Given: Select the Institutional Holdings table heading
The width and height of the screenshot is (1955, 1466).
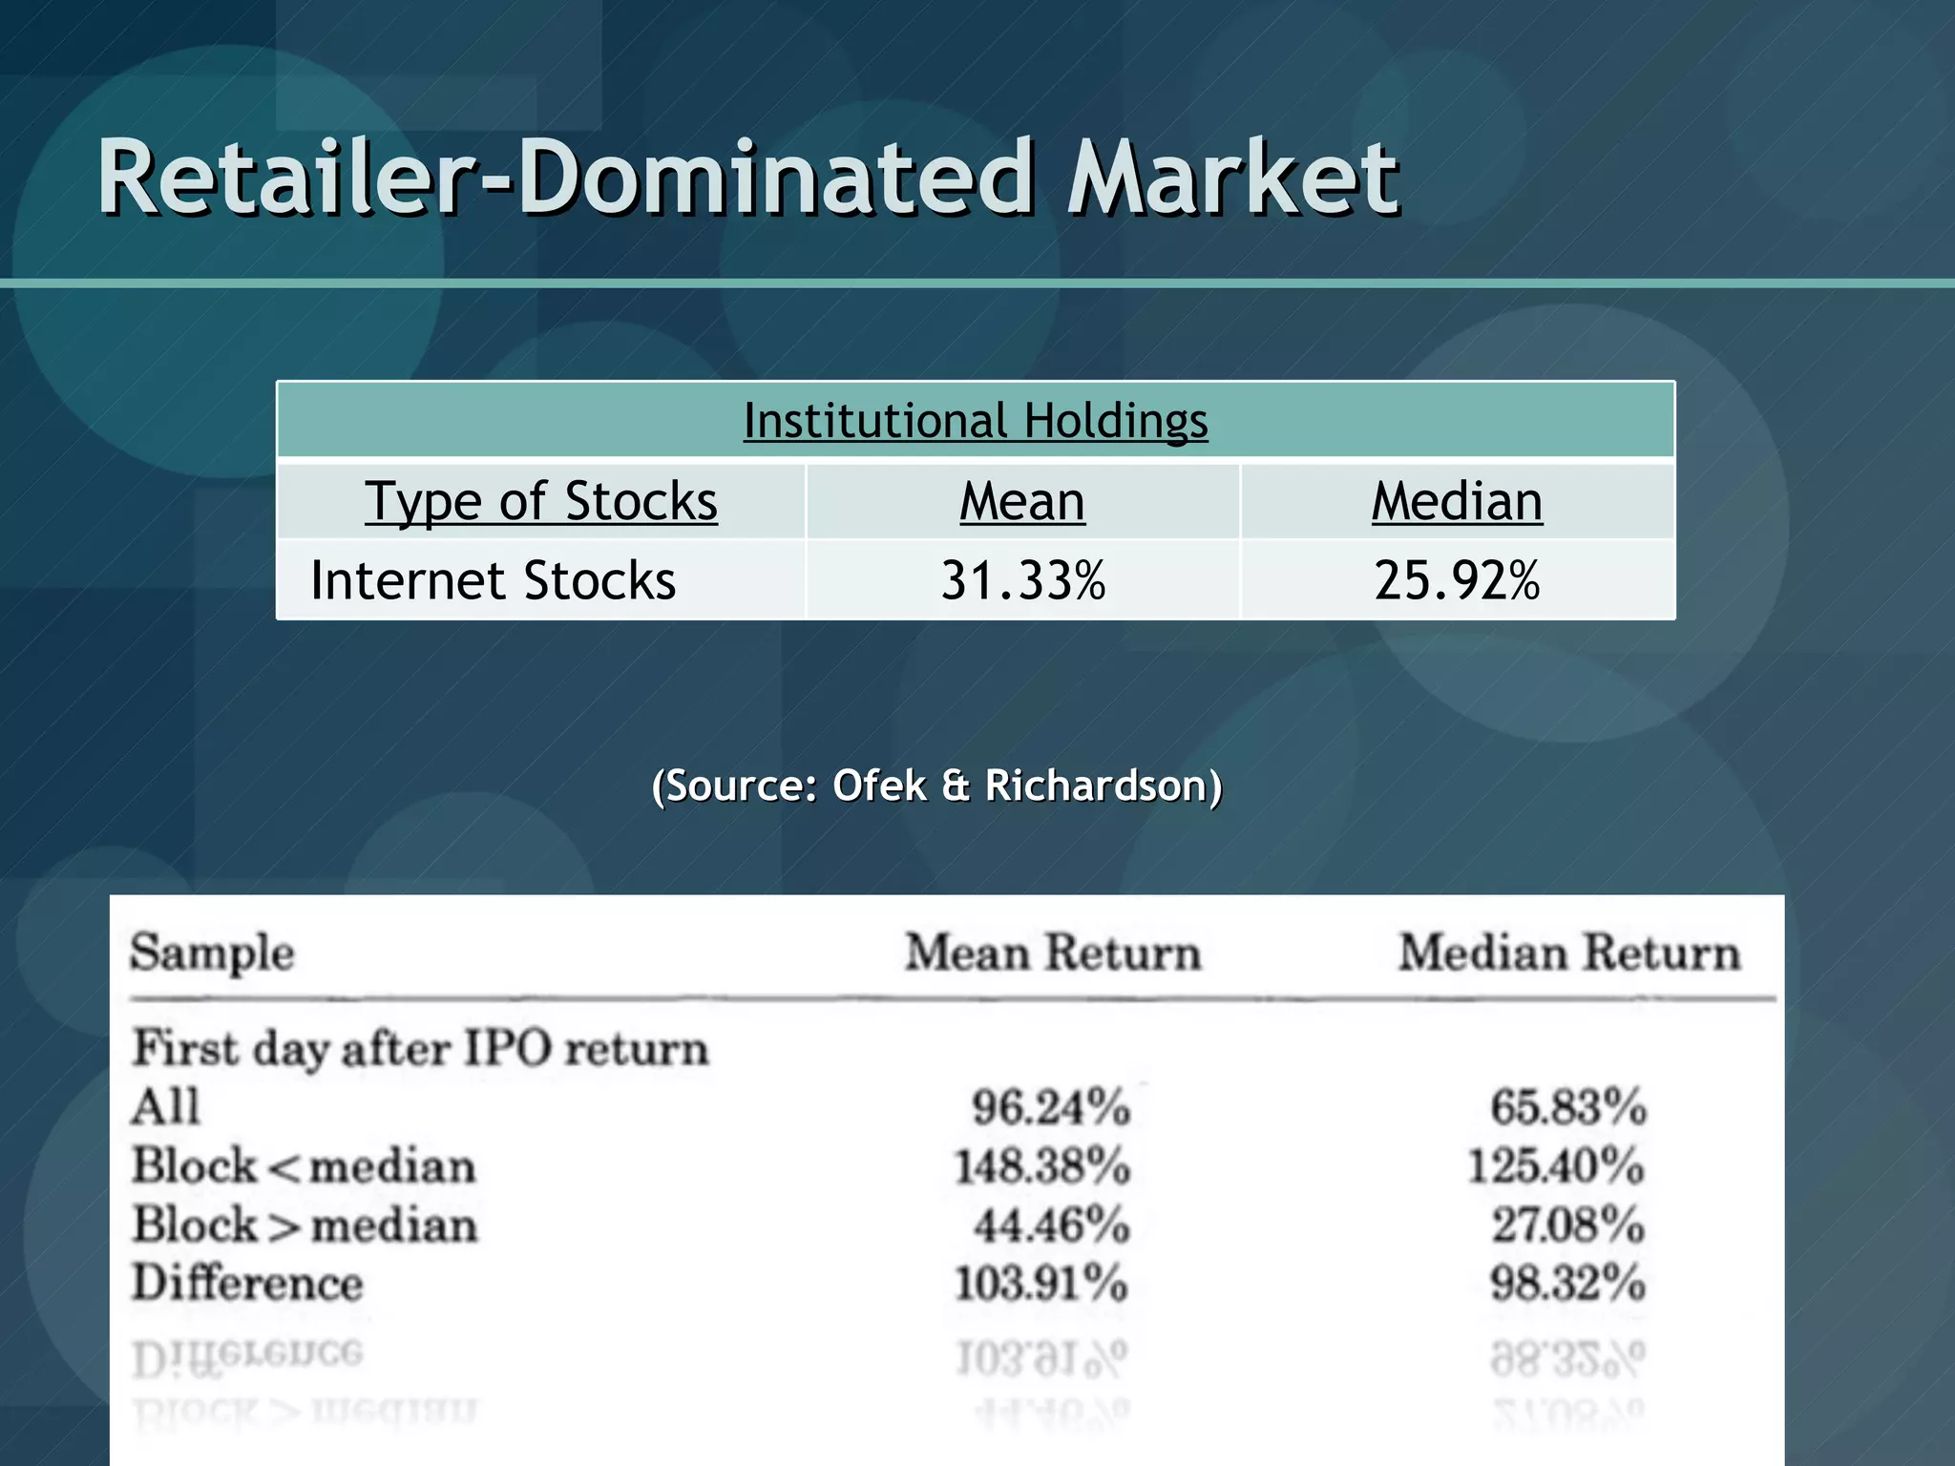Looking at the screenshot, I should point(976,421).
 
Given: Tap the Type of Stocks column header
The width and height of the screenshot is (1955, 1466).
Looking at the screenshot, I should point(540,501).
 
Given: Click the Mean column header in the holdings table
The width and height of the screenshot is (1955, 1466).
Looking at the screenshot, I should point(1021,501).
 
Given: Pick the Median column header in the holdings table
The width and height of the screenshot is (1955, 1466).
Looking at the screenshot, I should point(1457,501).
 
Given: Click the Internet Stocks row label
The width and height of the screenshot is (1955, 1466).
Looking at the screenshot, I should point(493,580).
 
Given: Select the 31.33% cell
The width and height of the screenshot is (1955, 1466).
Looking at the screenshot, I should point(1022,580).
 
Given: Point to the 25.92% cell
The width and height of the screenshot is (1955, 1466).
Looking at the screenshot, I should point(1457,580).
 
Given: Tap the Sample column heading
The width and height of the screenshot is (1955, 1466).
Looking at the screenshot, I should point(212,953).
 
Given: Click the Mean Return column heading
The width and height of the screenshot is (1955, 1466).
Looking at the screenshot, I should point(1052,953).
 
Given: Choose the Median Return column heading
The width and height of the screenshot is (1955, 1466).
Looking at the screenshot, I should point(1568,953).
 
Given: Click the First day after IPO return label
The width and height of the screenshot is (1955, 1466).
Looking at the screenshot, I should point(420,1049).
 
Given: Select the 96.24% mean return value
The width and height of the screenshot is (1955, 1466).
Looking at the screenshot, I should point(1050,1107).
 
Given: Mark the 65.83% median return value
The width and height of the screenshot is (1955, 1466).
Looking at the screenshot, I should point(1568,1107).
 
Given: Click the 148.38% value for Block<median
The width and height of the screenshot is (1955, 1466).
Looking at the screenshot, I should point(1042,1166).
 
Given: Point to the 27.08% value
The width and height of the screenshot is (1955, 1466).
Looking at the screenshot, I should point(1568,1225).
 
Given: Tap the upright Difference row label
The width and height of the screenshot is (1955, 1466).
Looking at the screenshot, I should point(247,1283).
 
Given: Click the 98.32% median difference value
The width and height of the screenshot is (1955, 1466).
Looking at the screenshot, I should point(1567,1283).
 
